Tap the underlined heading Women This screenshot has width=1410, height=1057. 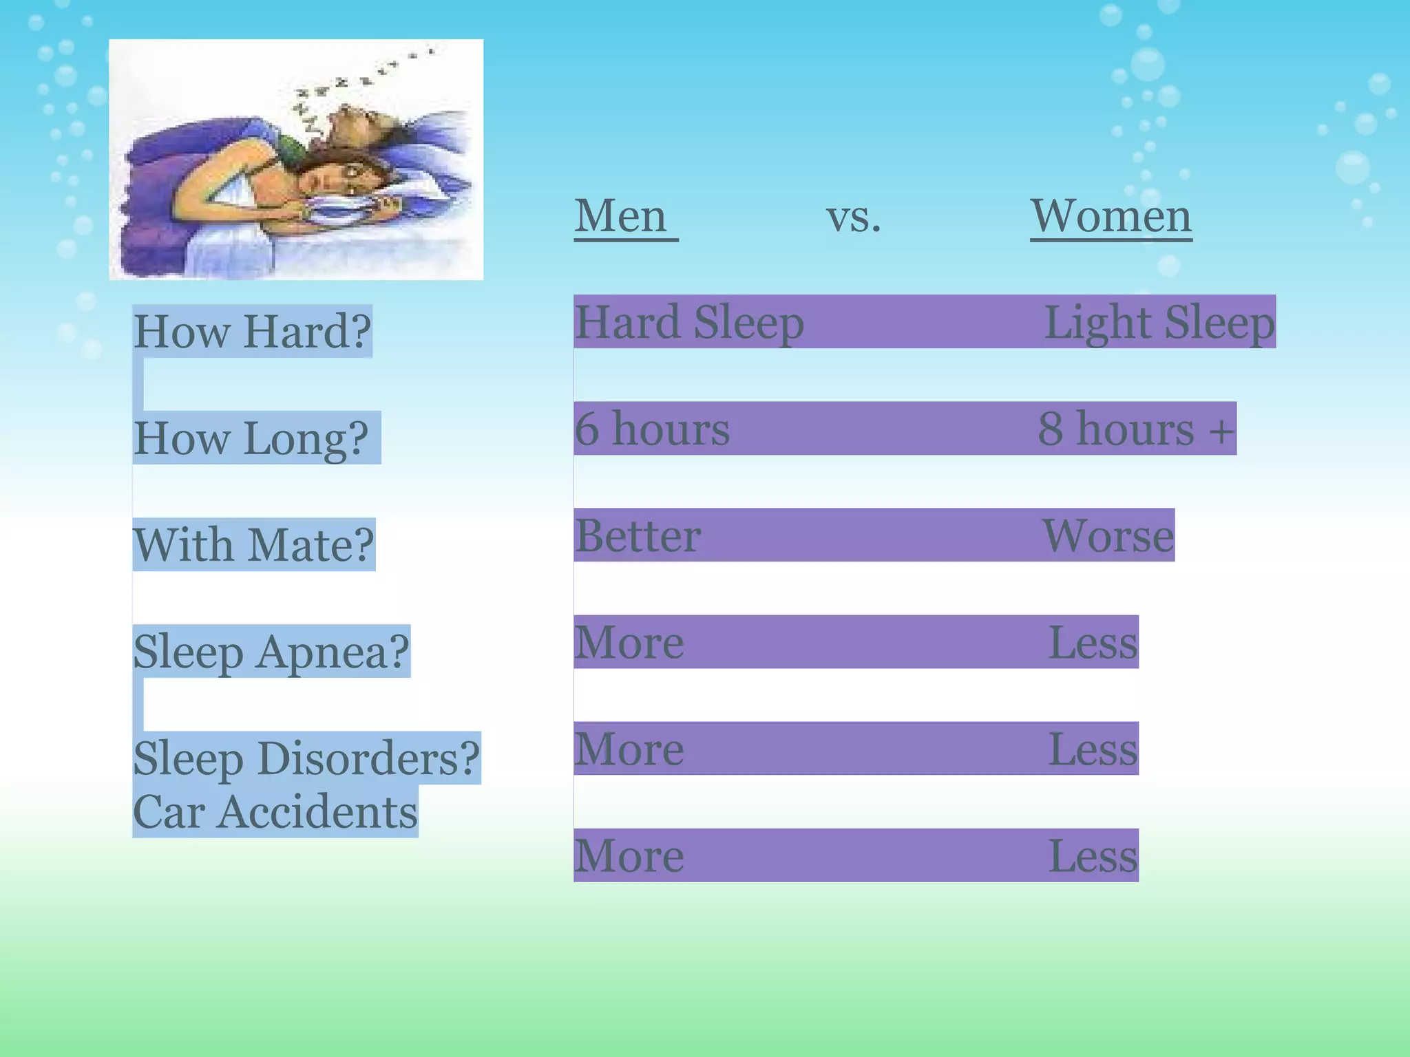coord(1111,216)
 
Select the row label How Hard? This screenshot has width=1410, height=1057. coord(252,332)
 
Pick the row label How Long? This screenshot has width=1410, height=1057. coord(251,438)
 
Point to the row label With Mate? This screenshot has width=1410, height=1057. coord(253,545)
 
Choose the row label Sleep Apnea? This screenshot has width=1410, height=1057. coord(271,652)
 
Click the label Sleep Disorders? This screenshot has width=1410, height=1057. coord(306,758)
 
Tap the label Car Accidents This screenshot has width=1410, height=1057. coord(275,812)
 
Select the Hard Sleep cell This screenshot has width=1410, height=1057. coord(689,322)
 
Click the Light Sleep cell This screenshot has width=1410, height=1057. coord(1159,322)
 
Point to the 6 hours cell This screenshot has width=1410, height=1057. coord(652,429)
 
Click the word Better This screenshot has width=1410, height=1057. coord(638,535)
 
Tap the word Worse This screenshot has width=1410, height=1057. coord(1108,535)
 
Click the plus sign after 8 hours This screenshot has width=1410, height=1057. coord(1221,431)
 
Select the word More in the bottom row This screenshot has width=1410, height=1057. coord(629,855)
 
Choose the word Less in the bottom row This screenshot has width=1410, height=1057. coord(1093,855)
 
